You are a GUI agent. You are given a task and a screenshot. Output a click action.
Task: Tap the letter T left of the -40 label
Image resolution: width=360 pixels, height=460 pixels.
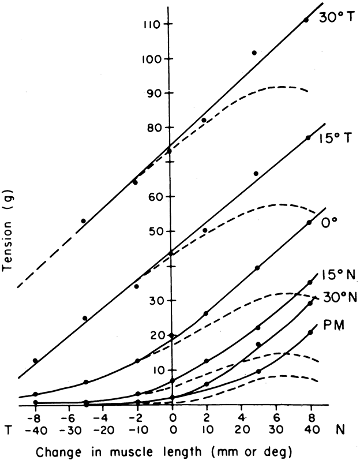click(8, 429)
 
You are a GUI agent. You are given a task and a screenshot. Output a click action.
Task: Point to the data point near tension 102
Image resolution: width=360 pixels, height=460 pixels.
click(254, 53)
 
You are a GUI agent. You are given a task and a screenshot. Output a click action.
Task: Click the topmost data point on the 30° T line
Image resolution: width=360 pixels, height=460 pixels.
click(306, 20)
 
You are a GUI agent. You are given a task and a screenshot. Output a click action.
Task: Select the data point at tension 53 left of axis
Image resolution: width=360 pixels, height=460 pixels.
click(84, 221)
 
